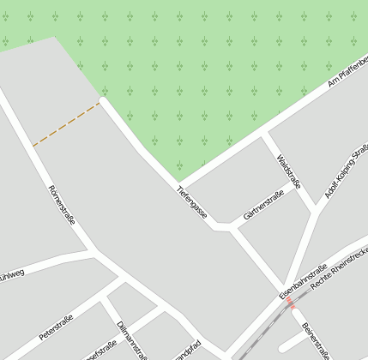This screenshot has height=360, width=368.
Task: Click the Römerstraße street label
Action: (63, 204)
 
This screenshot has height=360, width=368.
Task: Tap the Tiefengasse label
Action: (192, 201)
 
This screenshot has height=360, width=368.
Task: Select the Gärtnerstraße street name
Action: (263, 206)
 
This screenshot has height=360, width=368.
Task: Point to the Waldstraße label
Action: (290, 171)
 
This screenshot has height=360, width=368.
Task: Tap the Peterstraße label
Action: (56, 327)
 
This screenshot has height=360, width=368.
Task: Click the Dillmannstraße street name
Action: (130, 338)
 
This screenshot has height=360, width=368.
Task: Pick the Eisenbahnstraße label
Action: (303, 281)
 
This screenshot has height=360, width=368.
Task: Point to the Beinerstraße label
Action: (315, 340)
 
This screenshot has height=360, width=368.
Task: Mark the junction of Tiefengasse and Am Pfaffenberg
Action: (180, 183)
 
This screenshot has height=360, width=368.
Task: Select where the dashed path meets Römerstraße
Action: (33, 147)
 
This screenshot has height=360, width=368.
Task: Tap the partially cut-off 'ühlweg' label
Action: (12, 273)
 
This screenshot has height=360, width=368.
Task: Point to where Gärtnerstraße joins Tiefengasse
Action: (231, 228)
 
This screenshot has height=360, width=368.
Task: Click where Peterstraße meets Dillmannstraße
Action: (105, 297)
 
